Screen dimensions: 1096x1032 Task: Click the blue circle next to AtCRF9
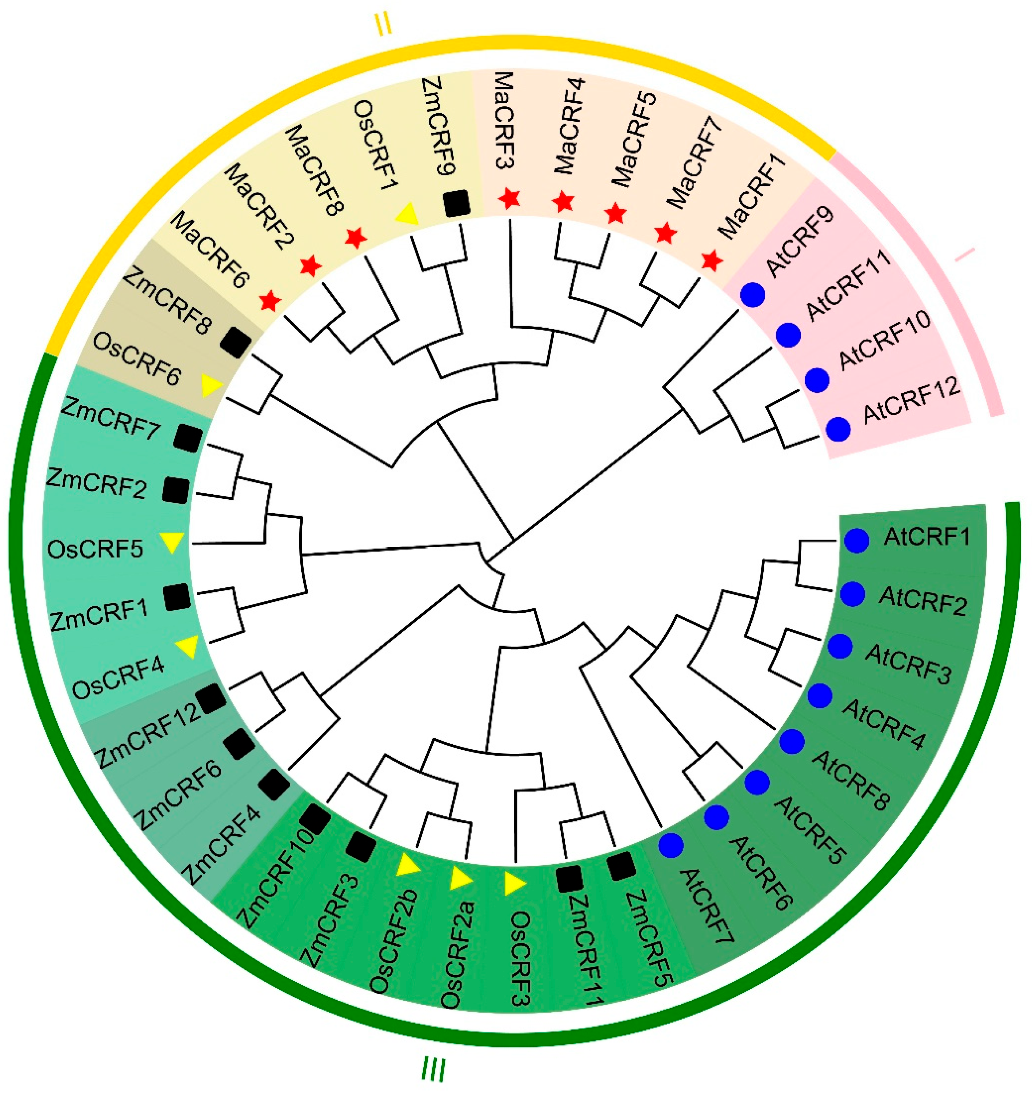pos(753,295)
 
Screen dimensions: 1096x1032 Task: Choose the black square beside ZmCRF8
pos(235,342)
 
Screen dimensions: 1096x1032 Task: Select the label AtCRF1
pos(926,536)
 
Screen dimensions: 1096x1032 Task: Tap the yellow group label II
pos(384,24)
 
